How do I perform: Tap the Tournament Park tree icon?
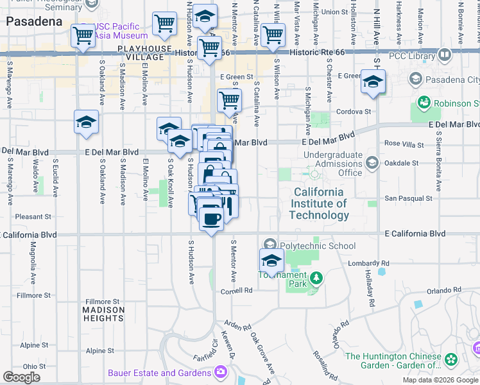tap(315, 278)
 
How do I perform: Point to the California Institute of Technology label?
tap(319, 203)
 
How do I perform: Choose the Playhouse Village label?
tap(144, 53)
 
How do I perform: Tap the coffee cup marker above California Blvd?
tap(210, 218)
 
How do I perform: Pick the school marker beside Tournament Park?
tap(271, 261)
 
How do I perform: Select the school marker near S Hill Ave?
tap(373, 81)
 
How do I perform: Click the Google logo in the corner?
tap(21, 377)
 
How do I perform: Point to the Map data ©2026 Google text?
tap(440, 380)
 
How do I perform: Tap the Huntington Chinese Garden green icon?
tap(451, 358)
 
